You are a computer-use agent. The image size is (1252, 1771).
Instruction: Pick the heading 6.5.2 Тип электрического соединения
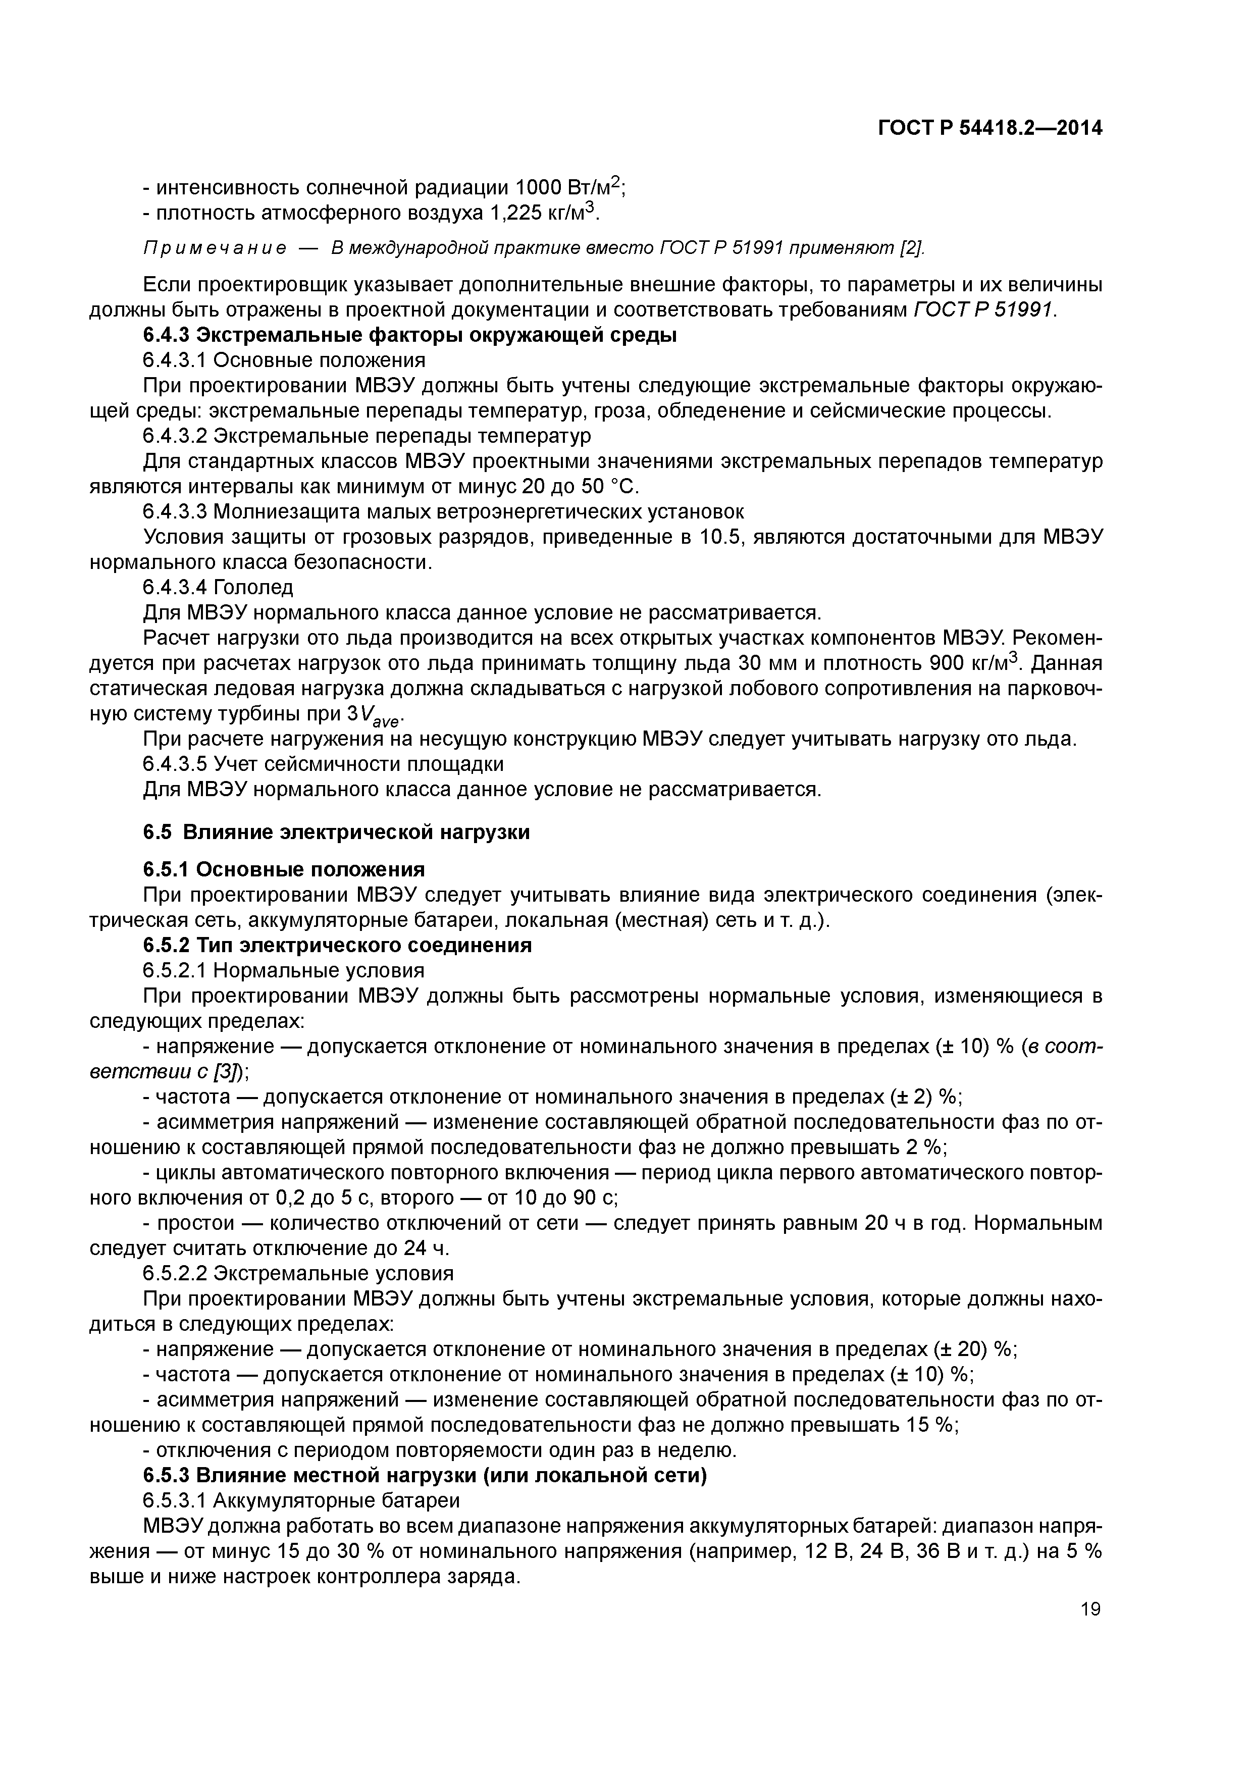tap(337, 945)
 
